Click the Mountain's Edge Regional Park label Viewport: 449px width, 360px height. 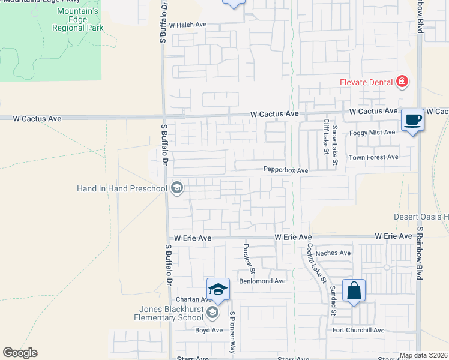(x=78, y=20)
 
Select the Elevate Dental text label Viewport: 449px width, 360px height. (x=365, y=82)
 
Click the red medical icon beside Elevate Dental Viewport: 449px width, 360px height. (x=402, y=82)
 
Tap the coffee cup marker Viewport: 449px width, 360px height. (x=412, y=120)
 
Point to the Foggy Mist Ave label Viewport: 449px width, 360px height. (x=373, y=132)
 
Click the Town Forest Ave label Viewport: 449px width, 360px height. (x=374, y=157)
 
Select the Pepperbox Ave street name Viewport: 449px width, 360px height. (x=286, y=170)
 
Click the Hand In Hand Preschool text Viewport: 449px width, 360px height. (x=122, y=188)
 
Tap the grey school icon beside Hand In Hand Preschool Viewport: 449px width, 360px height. (x=176, y=188)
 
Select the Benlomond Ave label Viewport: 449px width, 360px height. (x=262, y=281)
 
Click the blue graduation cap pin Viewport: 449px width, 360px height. (x=218, y=289)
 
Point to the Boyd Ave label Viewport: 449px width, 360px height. (x=209, y=330)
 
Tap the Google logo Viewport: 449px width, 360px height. (x=20, y=353)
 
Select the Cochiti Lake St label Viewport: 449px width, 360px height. (x=316, y=262)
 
